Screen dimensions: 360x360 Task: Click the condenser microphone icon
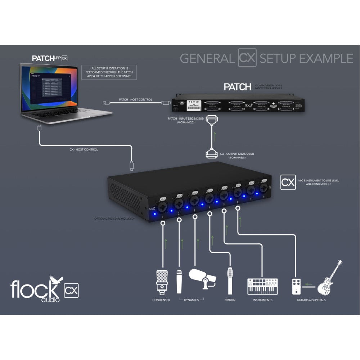[162, 281]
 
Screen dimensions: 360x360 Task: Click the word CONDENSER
[161, 300]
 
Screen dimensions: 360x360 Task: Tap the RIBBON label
[229, 300]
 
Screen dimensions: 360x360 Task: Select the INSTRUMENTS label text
[262, 300]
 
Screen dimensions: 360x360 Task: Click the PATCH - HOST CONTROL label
[135, 99]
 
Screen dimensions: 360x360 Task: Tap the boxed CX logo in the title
[247, 58]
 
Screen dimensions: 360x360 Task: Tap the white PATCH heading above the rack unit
[237, 87]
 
